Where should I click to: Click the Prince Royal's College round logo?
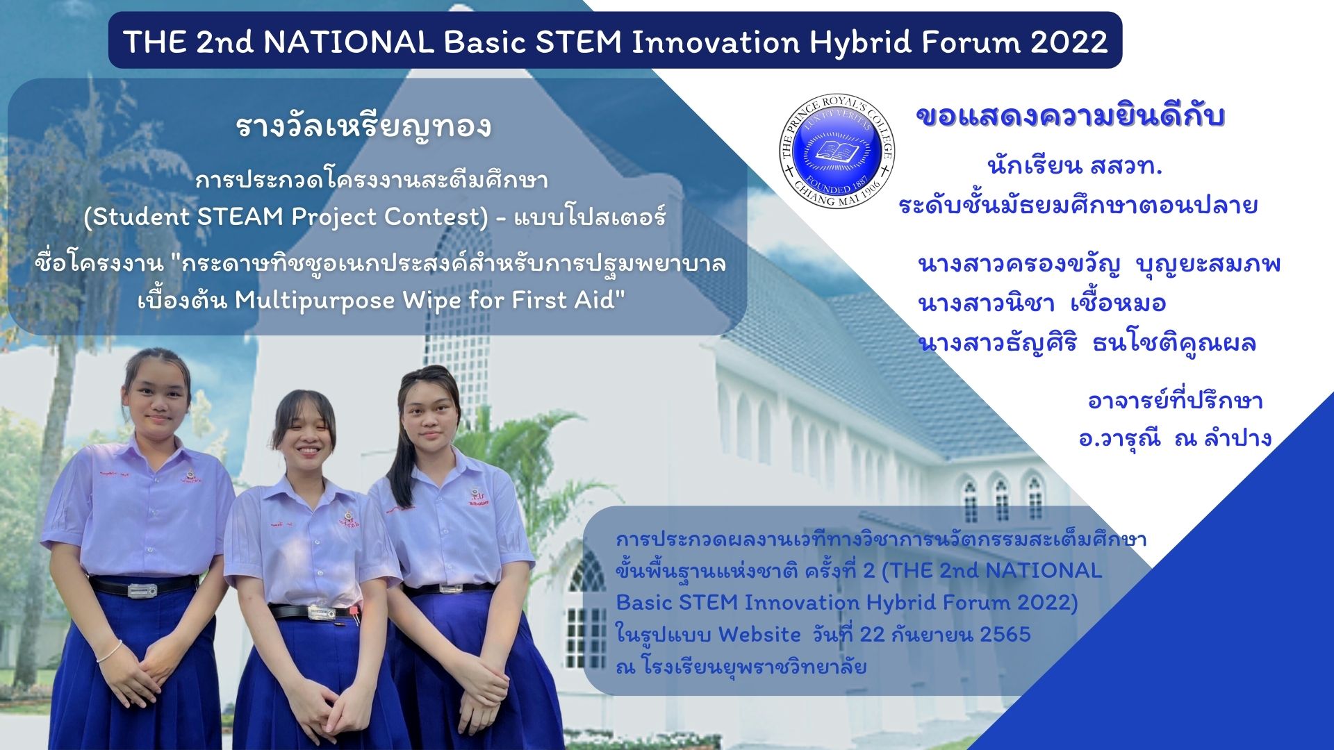837,150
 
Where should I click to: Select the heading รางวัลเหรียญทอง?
363,127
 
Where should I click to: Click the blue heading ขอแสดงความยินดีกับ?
1070,117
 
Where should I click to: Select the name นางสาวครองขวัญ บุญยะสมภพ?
1099,265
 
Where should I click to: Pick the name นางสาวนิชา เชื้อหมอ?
1041,303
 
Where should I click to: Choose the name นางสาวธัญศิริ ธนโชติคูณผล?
1087,343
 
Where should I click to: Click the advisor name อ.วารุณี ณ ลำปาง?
1175,438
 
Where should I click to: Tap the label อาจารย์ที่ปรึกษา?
1175,401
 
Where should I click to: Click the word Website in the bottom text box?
759,635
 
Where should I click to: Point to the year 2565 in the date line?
1005,635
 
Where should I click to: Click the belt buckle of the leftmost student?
142,590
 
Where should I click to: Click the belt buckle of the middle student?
322,614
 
